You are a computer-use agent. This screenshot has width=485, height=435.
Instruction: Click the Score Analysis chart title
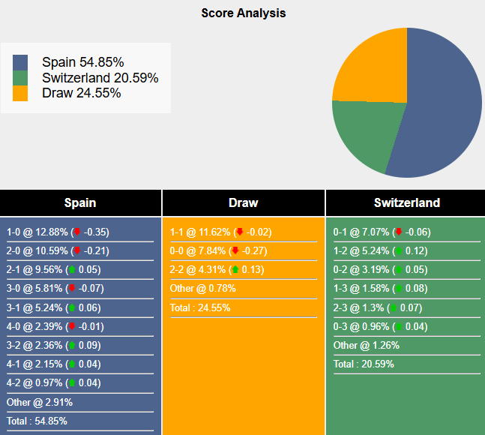pos(243,13)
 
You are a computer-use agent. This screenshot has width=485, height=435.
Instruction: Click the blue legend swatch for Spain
pos(20,62)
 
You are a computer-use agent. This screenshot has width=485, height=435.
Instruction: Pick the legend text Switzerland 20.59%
pos(100,78)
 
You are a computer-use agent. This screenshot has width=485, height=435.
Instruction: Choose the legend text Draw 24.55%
pos(81,93)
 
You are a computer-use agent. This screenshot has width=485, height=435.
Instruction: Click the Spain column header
pos(80,202)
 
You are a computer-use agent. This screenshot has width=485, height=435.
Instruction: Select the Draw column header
pos(243,202)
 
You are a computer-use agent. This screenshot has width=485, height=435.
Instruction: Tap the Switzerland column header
pos(406,202)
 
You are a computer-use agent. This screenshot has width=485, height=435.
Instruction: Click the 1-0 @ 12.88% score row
pos(57,232)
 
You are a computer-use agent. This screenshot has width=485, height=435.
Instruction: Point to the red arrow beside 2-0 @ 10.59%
pos(76,251)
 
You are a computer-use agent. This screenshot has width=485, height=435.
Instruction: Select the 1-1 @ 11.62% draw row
pos(220,232)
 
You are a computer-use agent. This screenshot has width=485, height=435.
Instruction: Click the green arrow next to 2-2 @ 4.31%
pos(235,270)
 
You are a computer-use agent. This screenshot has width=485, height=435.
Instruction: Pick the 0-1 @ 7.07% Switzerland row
pos(382,232)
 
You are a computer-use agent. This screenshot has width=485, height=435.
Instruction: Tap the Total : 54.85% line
pos(40,421)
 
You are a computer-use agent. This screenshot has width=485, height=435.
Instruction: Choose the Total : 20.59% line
pos(364,364)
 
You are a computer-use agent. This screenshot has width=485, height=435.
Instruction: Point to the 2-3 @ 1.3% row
pos(377,307)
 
